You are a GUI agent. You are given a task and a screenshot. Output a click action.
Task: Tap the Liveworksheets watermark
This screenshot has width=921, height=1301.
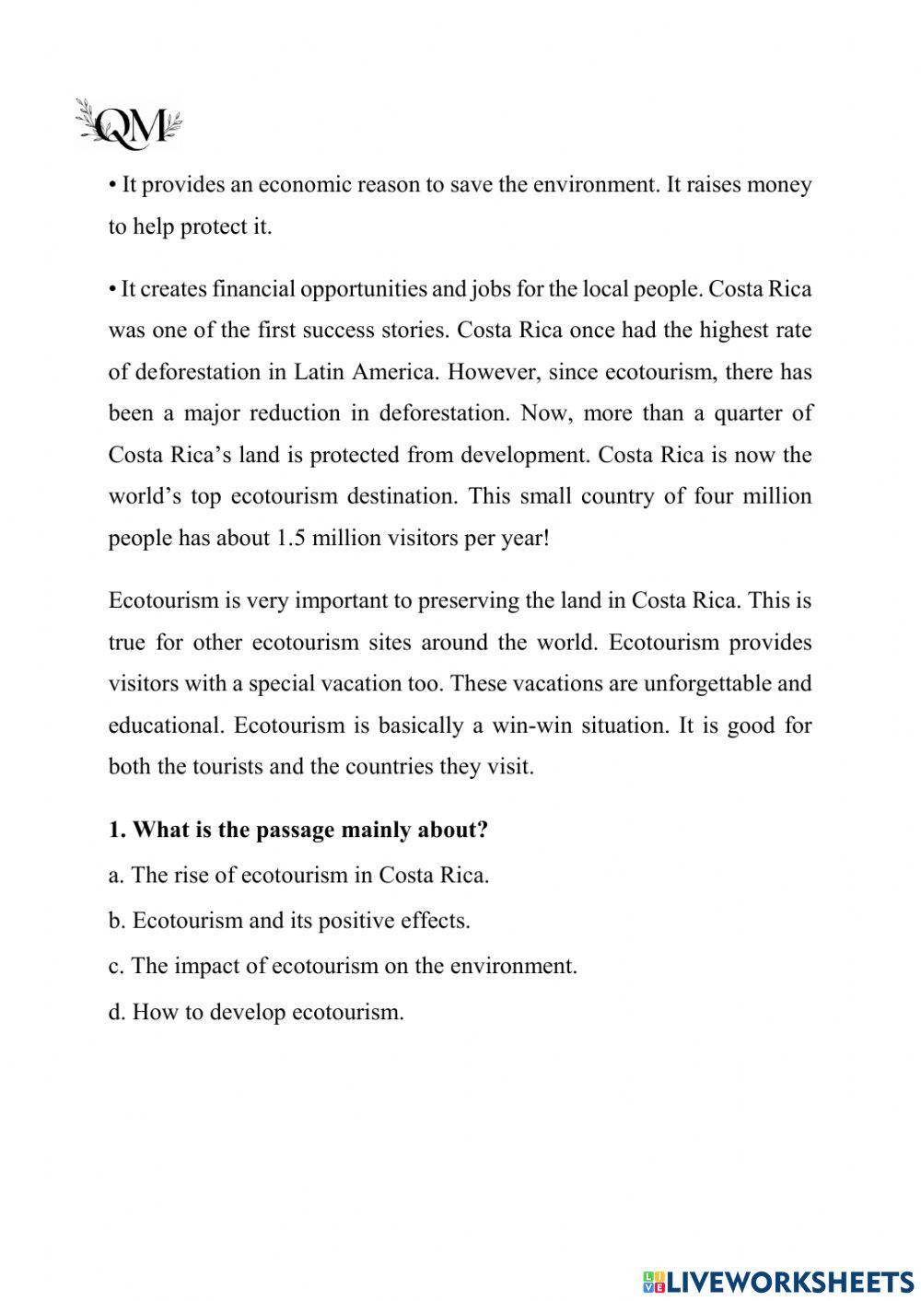(777, 1281)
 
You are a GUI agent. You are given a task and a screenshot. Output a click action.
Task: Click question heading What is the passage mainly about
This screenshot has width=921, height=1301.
(298, 830)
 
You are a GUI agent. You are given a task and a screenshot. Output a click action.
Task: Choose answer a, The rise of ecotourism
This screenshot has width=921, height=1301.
(299, 875)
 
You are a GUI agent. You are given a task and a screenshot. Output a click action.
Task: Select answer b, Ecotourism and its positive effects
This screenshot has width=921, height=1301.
(289, 921)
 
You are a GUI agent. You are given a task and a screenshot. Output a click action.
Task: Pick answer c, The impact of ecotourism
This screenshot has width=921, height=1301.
(343, 966)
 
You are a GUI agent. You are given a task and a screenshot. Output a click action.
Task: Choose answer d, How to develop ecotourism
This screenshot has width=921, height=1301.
(257, 1012)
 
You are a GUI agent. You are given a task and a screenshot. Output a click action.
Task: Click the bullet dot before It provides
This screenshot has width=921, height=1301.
(112, 186)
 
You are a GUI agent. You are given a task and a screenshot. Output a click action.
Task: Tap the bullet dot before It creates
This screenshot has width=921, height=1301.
(112, 290)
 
